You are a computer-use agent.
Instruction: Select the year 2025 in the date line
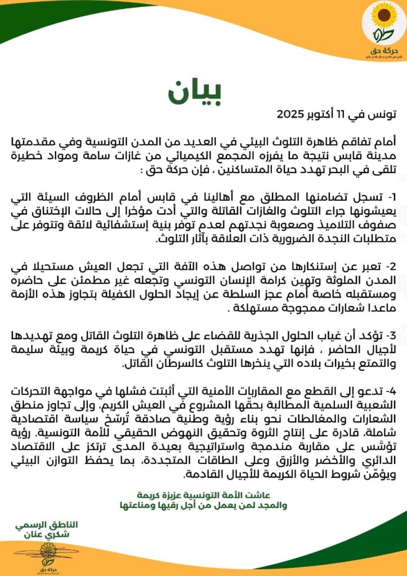pos(293,114)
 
